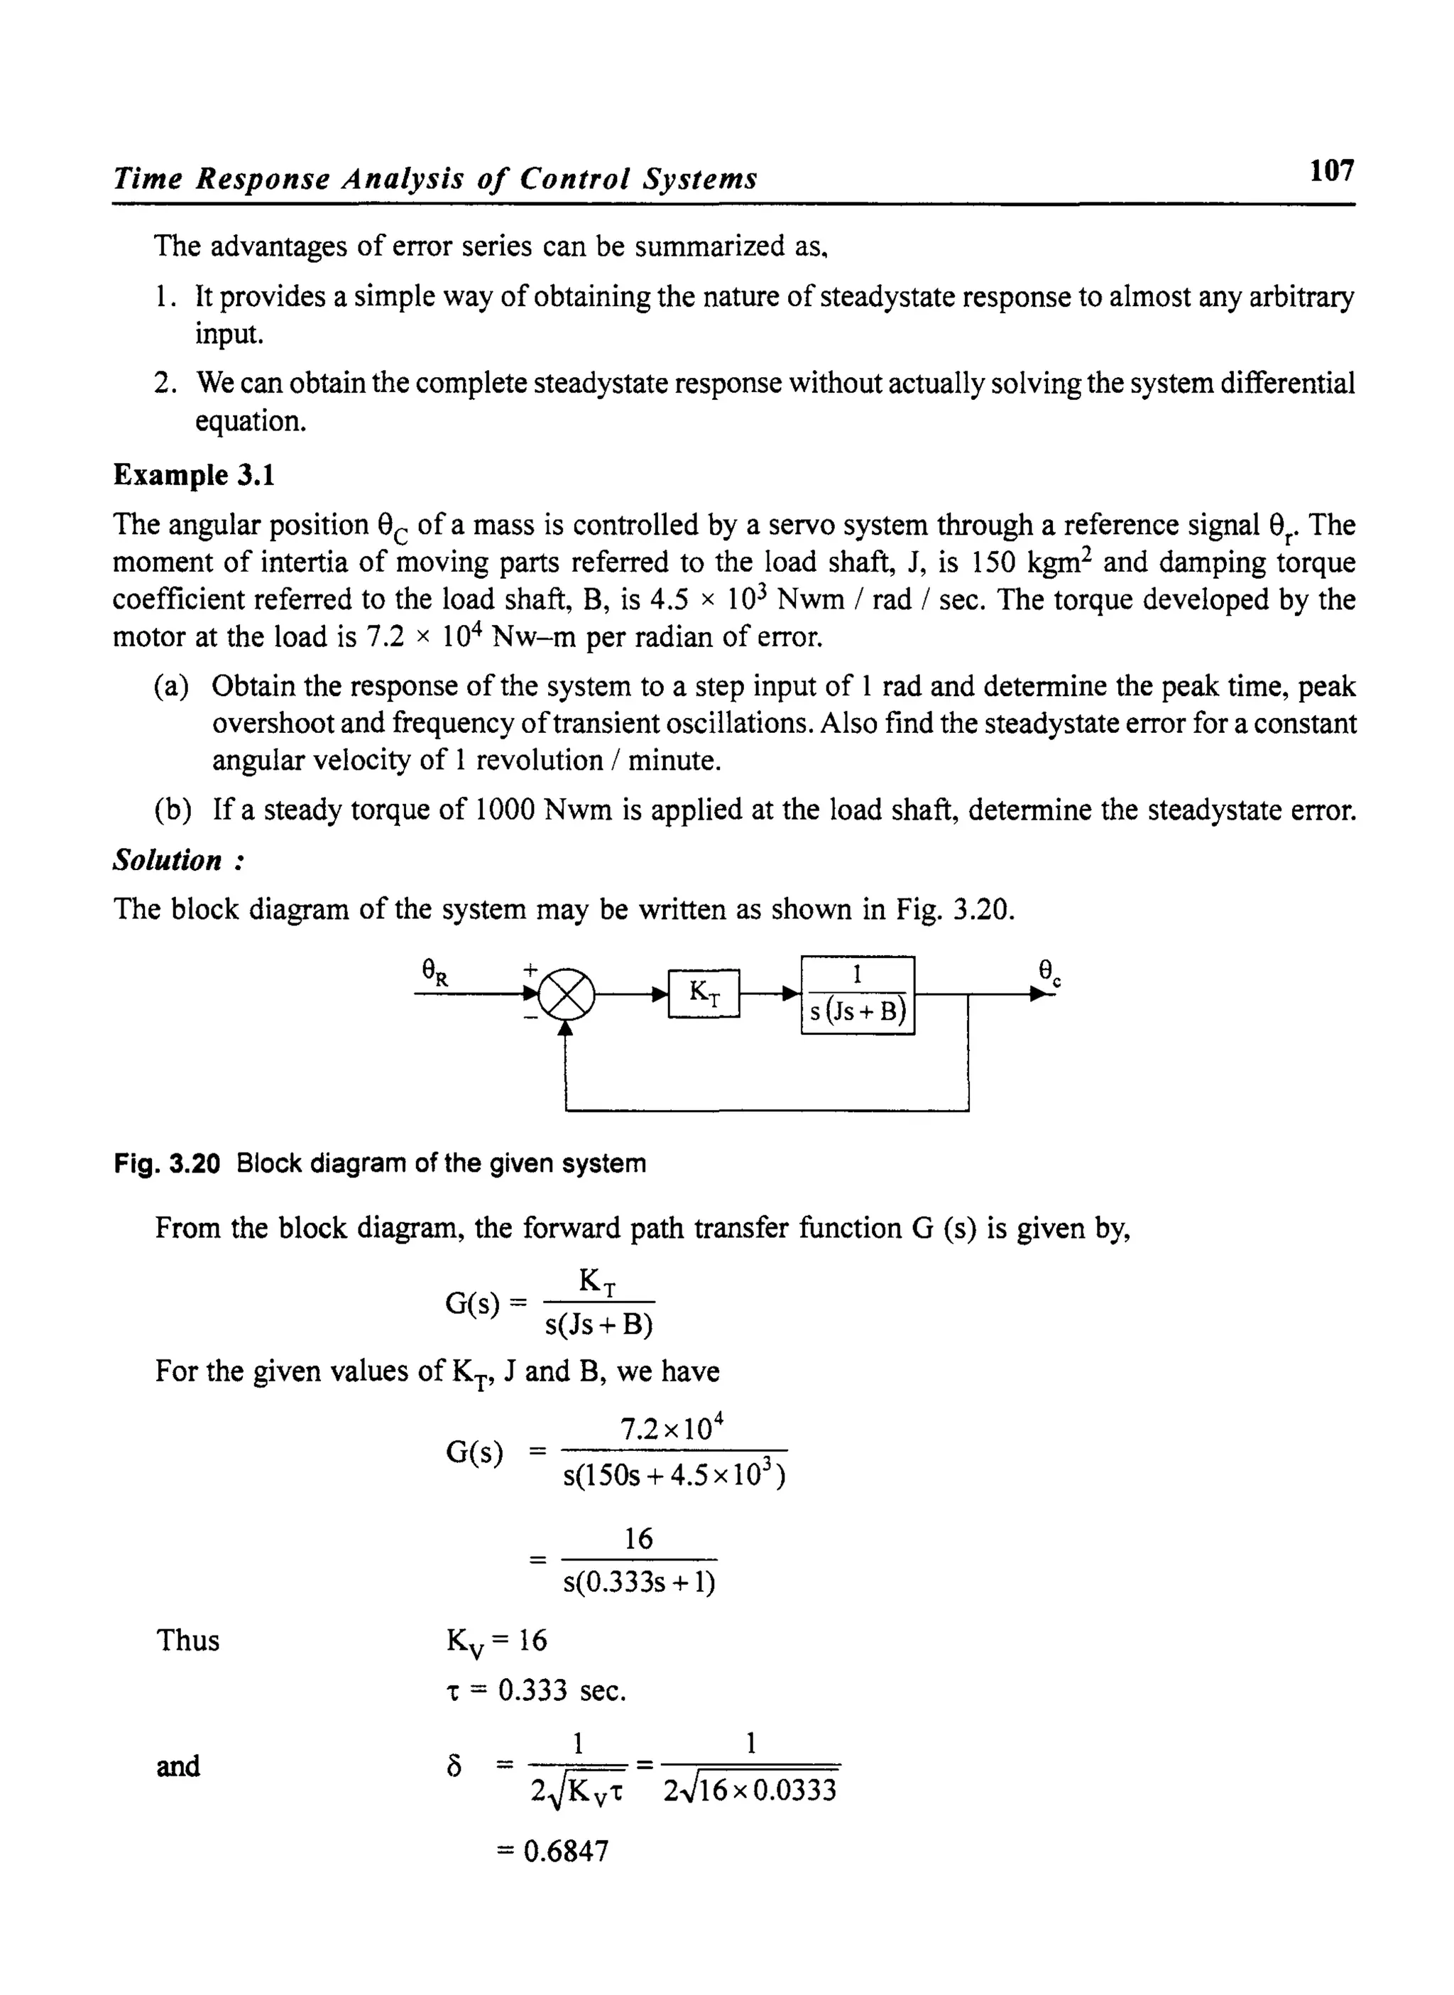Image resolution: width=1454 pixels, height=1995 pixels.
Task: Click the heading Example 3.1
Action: [x=194, y=475]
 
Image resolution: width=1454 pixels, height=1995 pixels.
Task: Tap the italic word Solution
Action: [x=168, y=860]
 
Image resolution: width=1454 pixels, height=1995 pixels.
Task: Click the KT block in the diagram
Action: [x=704, y=993]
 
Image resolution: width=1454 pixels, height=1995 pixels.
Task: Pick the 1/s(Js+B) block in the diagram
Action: [x=857, y=995]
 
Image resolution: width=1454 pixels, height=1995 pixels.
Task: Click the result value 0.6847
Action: [x=565, y=1852]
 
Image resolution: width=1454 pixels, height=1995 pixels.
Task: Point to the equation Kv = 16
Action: [x=496, y=1641]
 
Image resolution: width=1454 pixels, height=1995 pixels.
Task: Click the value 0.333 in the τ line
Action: [x=532, y=1690]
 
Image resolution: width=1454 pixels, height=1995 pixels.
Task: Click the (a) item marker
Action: [x=172, y=687]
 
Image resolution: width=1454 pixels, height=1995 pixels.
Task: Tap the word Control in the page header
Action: [x=574, y=179]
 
